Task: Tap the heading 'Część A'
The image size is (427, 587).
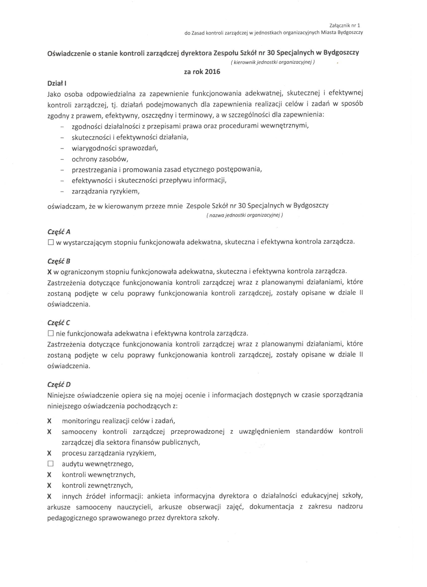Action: [59, 232]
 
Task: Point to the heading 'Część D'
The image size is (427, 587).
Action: [59, 384]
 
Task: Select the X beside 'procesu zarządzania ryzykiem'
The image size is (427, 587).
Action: [49, 453]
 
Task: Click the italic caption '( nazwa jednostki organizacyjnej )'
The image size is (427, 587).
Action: [244, 215]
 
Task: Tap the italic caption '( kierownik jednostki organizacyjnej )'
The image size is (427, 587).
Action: [273, 62]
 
